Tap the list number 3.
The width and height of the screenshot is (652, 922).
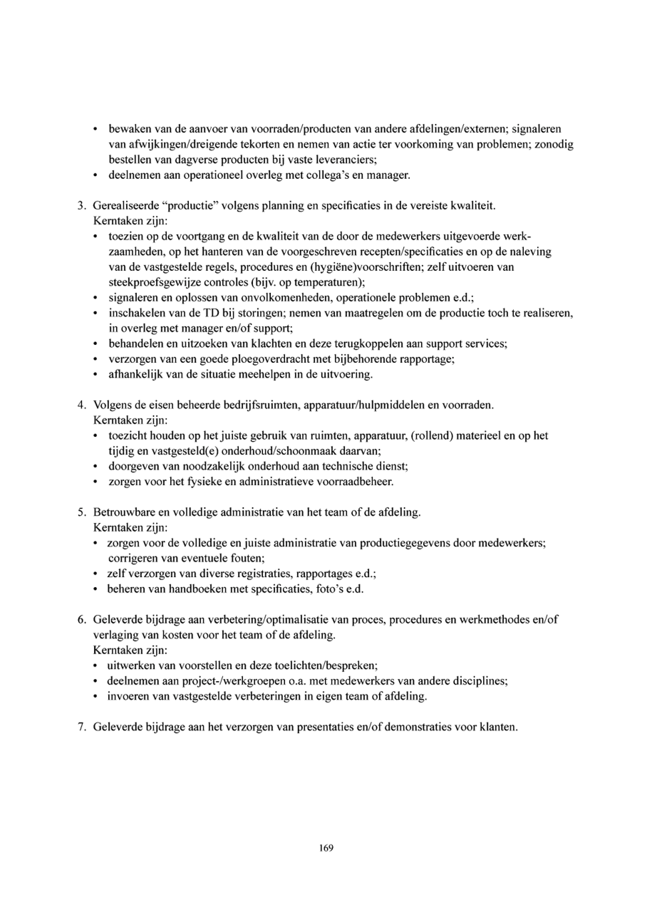coord(81,206)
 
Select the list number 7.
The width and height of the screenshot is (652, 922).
coord(81,727)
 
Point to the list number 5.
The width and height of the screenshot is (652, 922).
coord(81,513)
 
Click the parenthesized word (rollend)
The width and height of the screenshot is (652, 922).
coord(433,436)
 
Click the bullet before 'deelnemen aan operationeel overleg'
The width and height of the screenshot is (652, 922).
coord(95,176)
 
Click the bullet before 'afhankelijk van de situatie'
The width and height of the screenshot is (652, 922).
coord(95,375)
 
